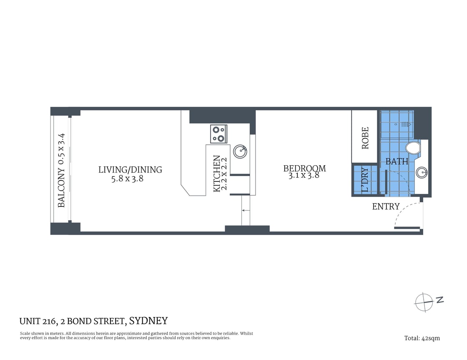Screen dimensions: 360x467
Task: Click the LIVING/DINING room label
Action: click(130, 170)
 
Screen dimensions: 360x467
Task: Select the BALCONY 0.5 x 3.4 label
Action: click(62, 170)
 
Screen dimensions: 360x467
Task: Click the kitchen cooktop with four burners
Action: click(219, 134)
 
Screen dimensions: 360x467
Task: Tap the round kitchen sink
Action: click(240, 151)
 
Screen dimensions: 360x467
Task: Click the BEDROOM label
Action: click(304, 169)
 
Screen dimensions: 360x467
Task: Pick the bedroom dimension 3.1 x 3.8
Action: click(304, 176)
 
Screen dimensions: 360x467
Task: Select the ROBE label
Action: click(365, 138)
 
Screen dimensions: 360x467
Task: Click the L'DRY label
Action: click(365, 180)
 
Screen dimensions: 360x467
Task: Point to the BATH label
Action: click(397, 161)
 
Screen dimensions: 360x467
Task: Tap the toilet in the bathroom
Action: click(413, 148)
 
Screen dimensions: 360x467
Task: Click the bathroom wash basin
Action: click(422, 171)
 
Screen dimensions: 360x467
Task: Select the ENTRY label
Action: click(386, 206)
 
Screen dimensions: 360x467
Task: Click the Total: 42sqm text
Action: click(422, 338)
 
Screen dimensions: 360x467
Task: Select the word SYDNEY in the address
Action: click(148, 321)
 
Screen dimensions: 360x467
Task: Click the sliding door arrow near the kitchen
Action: click(246, 210)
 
